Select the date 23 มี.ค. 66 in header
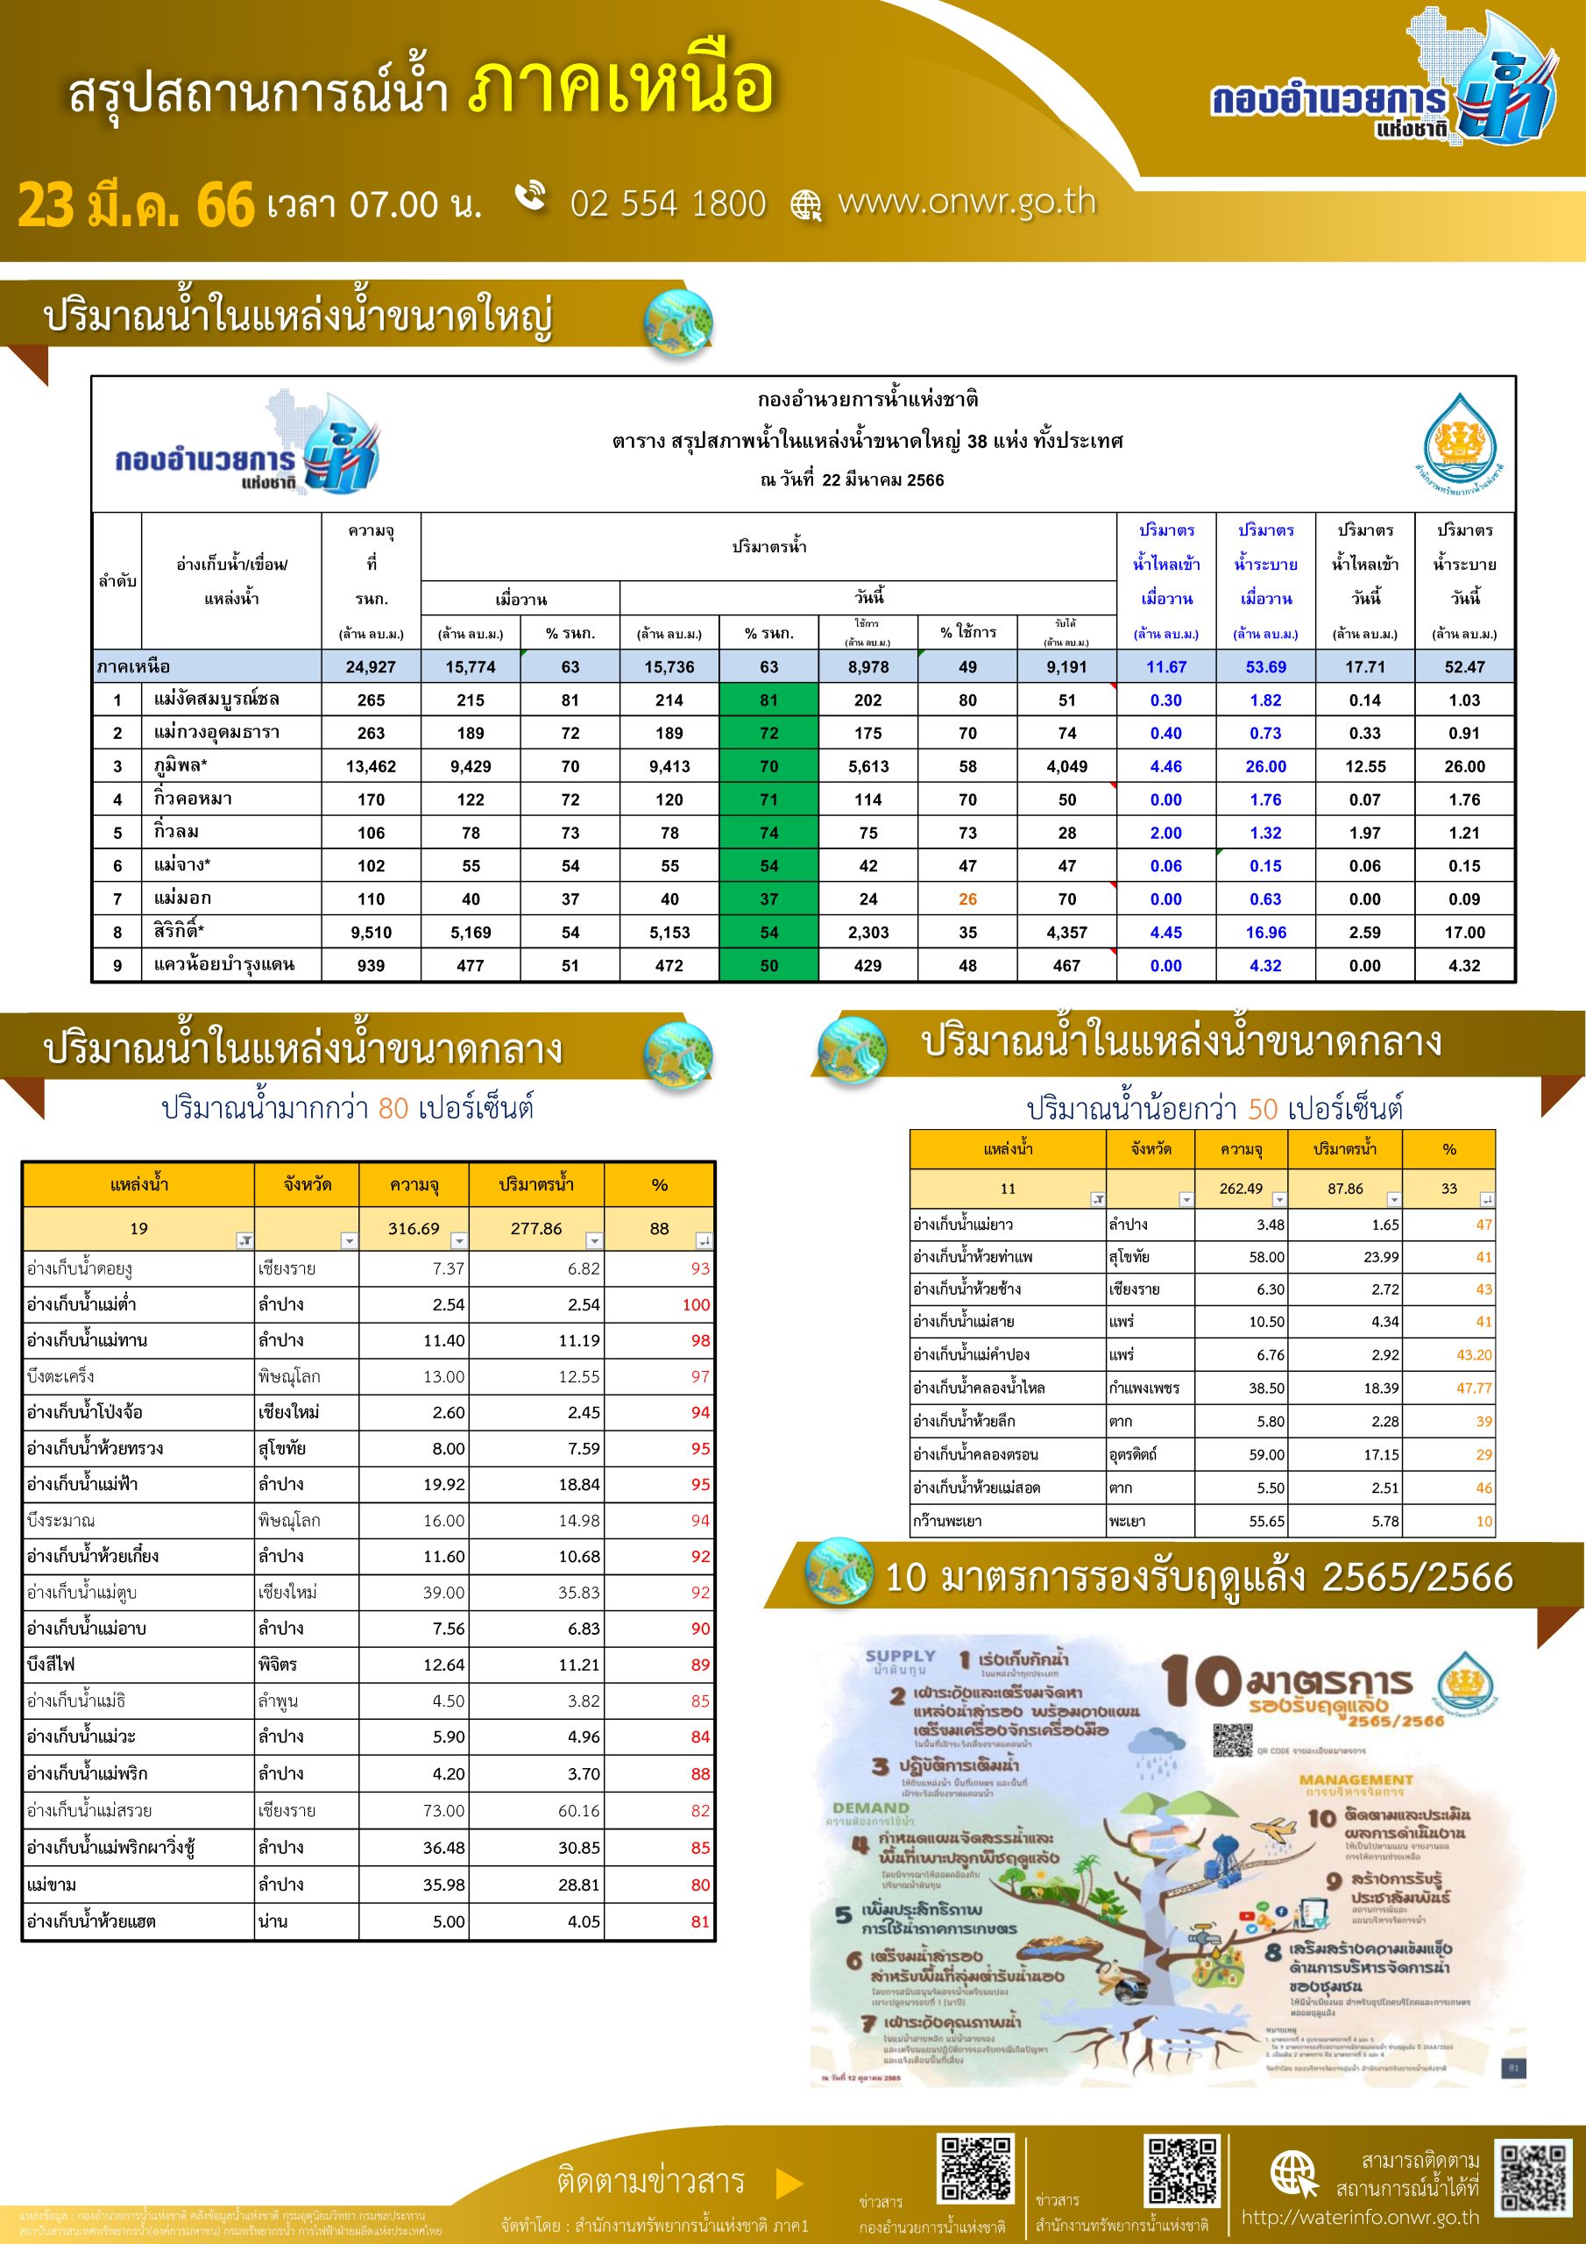click(x=136, y=204)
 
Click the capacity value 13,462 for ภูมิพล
click(x=371, y=766)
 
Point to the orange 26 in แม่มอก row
click(x=967, y=899)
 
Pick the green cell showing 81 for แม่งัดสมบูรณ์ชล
click(x=769, y=699)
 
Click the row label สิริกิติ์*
click(x=179, y=932)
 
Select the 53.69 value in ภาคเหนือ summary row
click(x=1265, y=666)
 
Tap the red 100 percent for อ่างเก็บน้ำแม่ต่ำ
click(x=696, y=1305)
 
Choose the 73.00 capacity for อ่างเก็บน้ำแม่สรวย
click(x=443, y=1810)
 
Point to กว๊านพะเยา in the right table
click(x=947, y=1521)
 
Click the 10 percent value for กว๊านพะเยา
click(x=1483, y=1521)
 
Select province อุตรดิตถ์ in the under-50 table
click(x=1133, y=1454)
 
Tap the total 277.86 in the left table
click(x=535, y=1229)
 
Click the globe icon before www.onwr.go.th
click(x=806, y=205)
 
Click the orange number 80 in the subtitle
click(x=393, y=1107)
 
